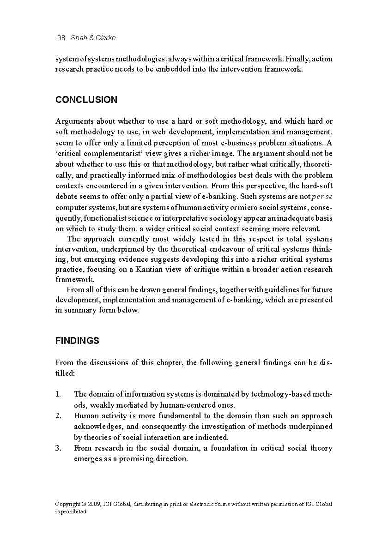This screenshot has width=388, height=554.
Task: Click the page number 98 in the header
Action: (61, 38)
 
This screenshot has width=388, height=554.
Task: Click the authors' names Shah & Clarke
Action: (93, 38)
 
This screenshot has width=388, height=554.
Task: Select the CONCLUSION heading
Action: (86, 100)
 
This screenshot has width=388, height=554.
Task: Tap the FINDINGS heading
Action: (77, 341)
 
